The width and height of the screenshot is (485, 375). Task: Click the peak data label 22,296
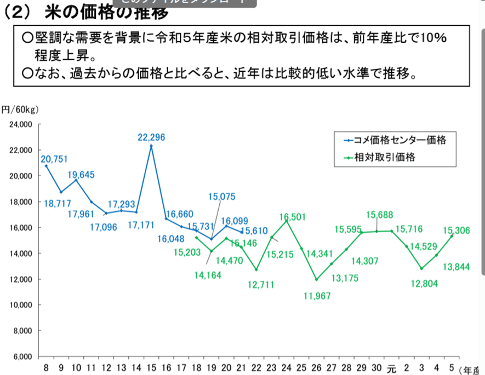point(151,137)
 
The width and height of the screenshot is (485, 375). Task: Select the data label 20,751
point(54,159)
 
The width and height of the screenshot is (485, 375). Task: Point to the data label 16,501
point(291,217)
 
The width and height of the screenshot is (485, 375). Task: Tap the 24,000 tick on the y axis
point(21,124)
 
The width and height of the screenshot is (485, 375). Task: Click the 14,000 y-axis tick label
point(21,253)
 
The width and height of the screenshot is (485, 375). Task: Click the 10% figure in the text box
point(433,39)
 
